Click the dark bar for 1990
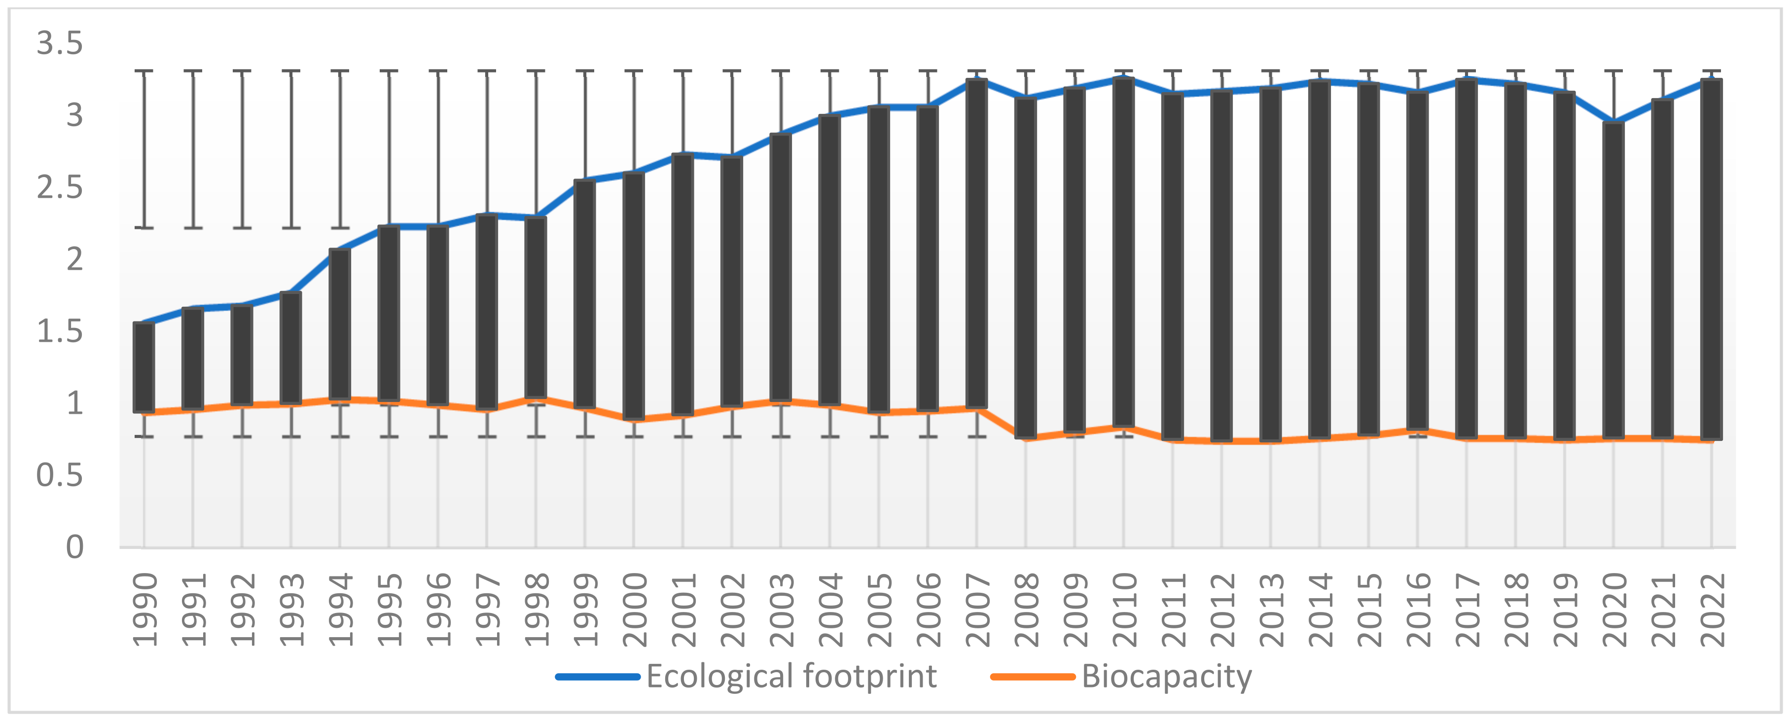144,367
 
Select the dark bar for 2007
977,244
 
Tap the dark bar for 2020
1613,280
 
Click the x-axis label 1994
340,610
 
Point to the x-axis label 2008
1026,610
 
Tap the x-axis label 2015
1369,610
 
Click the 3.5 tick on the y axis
60,43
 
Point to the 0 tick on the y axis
74,547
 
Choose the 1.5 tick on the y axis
60,331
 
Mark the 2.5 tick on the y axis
60,187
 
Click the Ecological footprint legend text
791,676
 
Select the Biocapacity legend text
1167,676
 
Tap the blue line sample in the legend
598,677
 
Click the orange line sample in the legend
1033,677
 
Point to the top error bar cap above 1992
242,71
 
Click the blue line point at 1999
585,180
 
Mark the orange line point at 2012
1221,440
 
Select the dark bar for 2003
781,268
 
